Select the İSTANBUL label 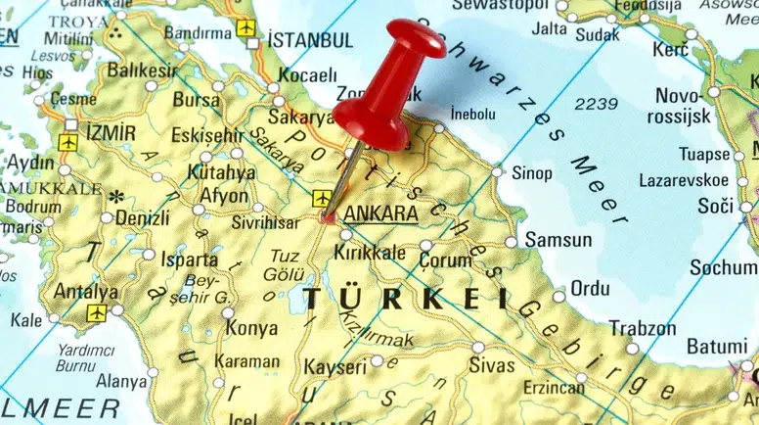(310, 41)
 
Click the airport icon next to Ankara (322, 199)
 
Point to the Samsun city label (558, 240)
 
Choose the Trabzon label (643, 329)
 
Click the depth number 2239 (596, 103)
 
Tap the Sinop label (532, 173)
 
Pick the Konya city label (251, 329)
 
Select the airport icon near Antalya (96, 313)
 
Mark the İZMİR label (111, 131)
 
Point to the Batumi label (716, 347)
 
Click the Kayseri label (335, 367)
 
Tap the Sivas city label (491, 366)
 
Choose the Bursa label (197, 100)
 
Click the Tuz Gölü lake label (285, 265)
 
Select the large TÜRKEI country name (405, 298)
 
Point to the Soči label (715, 207)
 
